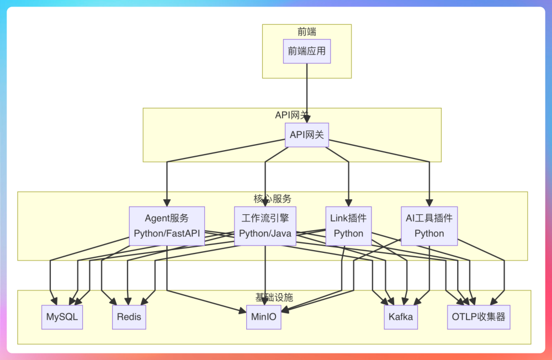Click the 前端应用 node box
tap(307, 51)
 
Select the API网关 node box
tap(307, 135)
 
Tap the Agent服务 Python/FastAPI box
tap(167, 226)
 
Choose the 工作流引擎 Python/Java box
tap(265, 226)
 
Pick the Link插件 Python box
tap(348, 226)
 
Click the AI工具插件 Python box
tap(429, 226)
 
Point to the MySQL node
tap(62, 317)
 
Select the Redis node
tap(129, 317)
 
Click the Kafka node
tap(401, 317)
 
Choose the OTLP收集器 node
tap(479, 317)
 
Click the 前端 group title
tap(307, 32)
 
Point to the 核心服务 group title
tap(273, 199)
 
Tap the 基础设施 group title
tap(274, 298)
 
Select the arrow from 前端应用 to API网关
tap(307, 91)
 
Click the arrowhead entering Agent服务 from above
tap(167, 203)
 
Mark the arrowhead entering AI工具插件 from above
tap(429, 203)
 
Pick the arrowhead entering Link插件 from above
tap(348, 203)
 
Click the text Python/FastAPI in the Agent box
tap(167, 234)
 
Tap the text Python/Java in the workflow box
tap(265, 234)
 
